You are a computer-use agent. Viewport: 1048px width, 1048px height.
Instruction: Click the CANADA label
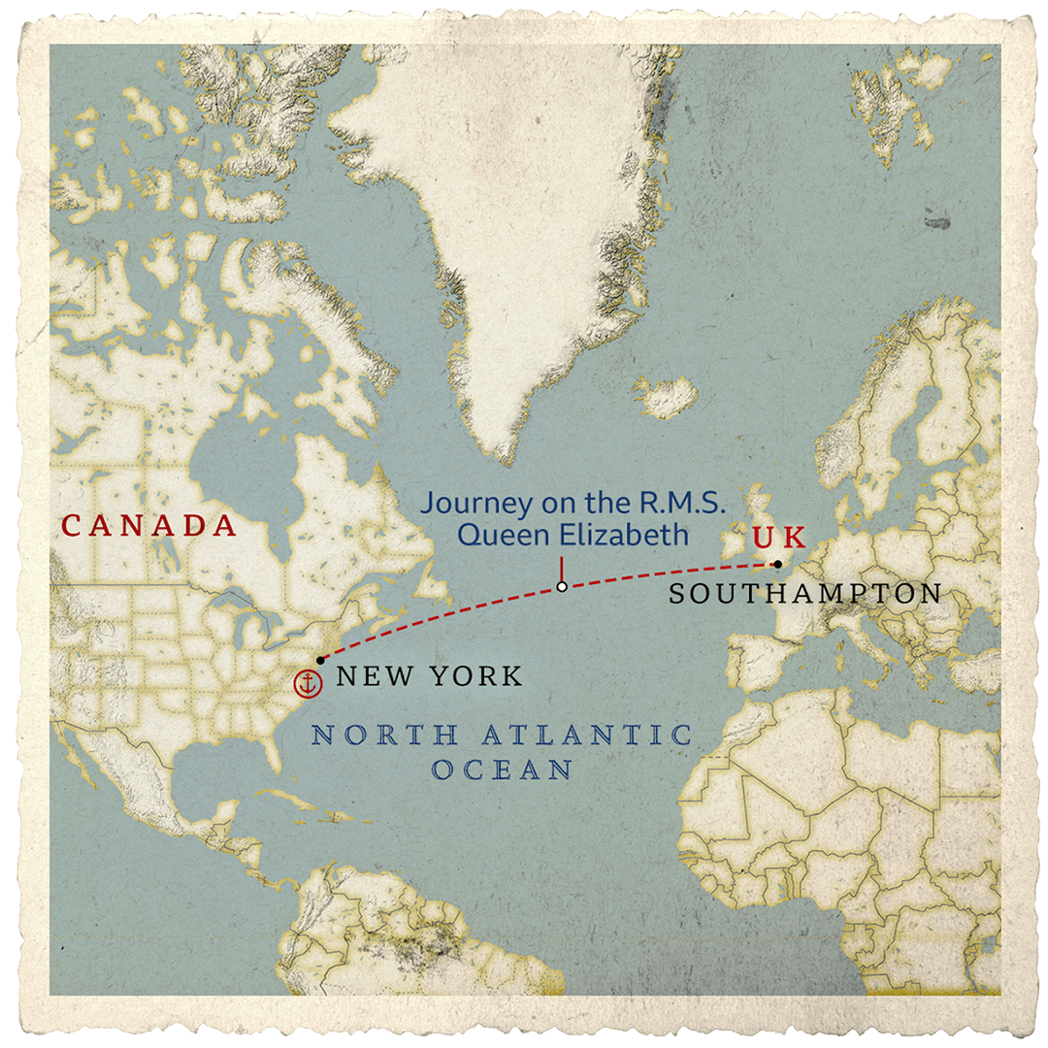click(149, 526)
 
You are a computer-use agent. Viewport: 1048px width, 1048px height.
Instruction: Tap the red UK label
click(779, 538)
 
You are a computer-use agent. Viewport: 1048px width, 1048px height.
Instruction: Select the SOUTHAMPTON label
click(805, 594)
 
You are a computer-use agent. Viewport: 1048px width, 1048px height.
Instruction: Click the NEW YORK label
click(429, 676)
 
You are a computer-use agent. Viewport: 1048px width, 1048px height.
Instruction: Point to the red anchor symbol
click(307, 683)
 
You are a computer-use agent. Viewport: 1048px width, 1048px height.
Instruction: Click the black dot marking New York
click(320, 660)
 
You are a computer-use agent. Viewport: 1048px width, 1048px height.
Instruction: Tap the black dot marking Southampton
click(777, 564)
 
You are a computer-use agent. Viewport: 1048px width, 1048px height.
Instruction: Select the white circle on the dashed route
click(561, 587)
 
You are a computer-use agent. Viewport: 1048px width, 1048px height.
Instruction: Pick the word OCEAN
click(503, 770)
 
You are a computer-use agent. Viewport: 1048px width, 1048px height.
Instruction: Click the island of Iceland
click(667, 395)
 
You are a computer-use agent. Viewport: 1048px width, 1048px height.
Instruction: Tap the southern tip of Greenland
click(504, 456)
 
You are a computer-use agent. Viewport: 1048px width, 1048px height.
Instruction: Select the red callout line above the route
click(561, 569)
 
